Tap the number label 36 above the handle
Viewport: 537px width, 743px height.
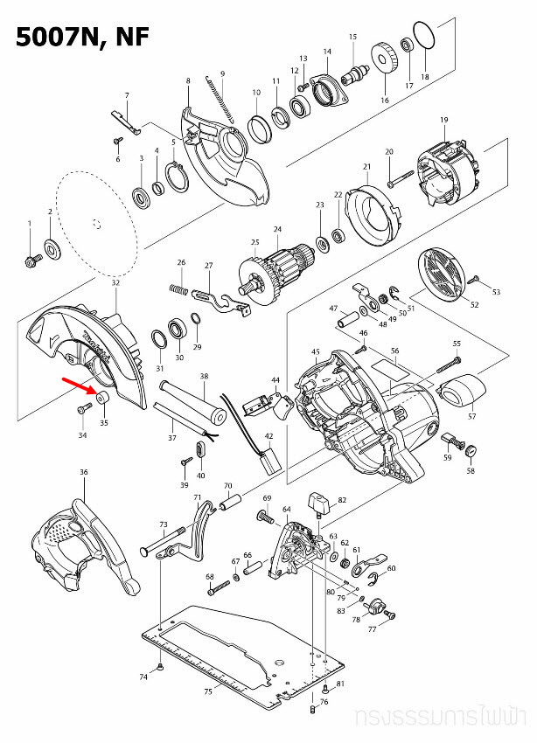tap(84, 473)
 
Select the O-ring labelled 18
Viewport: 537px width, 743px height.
tap(424, 38)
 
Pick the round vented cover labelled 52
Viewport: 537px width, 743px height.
tap(446, 274)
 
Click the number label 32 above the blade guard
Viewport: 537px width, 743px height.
tap(115, 283)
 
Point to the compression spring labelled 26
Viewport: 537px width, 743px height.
tap(178, 288)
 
